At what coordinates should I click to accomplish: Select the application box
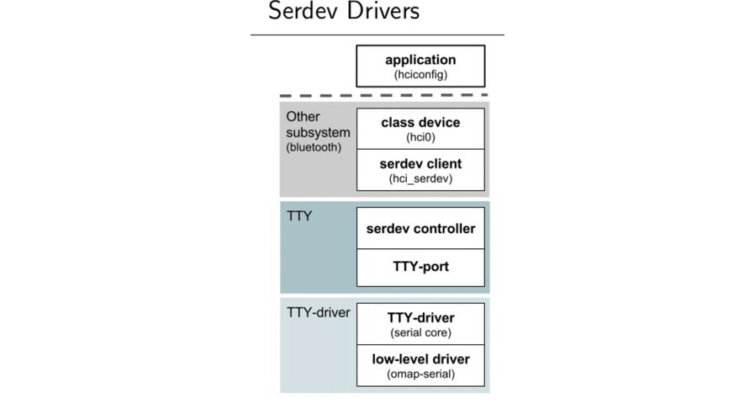coord(420,66)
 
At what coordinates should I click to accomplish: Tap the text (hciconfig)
coord(420,75)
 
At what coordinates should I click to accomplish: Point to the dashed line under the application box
coord(384,95)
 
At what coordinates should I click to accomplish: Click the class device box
coord(420,129)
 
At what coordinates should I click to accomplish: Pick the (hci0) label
coord(420,136)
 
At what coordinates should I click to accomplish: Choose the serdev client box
coord(420,170)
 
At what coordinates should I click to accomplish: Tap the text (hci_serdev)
coord(420,178)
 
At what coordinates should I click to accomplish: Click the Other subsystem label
coord(311,125)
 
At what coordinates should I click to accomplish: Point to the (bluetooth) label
coord(314,147)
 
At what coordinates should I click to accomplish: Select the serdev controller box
coord(420,229)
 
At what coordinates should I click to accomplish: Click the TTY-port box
coord(420,268)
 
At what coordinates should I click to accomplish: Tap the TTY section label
coord(298,216)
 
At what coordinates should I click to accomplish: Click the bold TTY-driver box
coord(420,323)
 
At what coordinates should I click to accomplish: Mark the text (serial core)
coord(420,332)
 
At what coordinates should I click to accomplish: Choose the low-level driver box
coord(420,365)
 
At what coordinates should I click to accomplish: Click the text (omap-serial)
coord(420,374)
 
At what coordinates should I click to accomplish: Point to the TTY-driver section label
coord(318,313)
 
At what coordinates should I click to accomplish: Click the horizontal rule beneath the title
coord(377,34)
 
